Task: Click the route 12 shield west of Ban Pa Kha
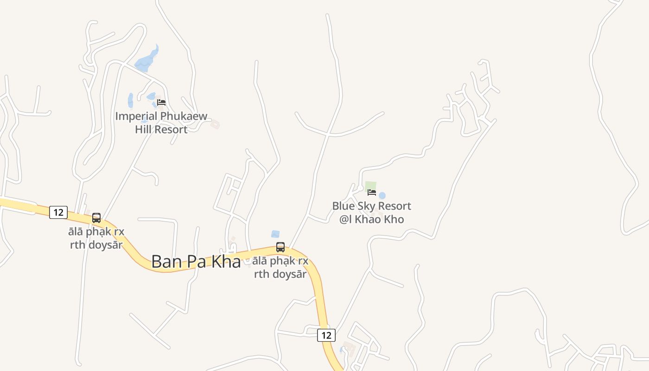[58, 212]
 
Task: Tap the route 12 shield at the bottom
[326, 335]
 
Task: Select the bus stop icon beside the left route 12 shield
[96, 217]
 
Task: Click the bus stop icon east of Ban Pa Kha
[280, 247]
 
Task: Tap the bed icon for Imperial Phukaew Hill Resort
[161, 102]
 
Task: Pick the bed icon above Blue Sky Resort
[372, 192]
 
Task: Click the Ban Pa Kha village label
[196, 262]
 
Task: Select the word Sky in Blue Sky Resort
[364, 206]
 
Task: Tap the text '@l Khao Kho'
[372, 219]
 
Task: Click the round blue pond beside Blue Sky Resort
[382, 196]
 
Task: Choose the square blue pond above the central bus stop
[275, 234]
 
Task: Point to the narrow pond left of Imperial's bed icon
[131, 100]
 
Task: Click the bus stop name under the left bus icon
[96, 238]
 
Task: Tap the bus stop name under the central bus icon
[281, 267]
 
